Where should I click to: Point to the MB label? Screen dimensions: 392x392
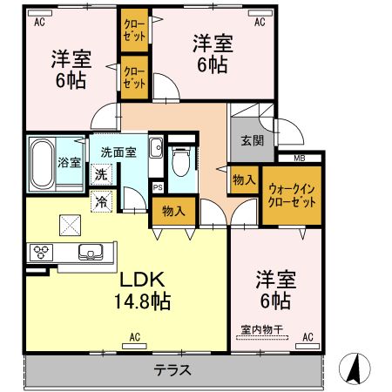click(299, 158)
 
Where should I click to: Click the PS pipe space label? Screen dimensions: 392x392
click(158, 186)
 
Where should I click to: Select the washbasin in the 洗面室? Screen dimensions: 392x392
click(155, 148)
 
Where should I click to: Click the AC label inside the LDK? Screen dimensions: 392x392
click(135, 336)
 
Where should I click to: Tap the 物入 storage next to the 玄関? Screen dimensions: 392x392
click(244, 179)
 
